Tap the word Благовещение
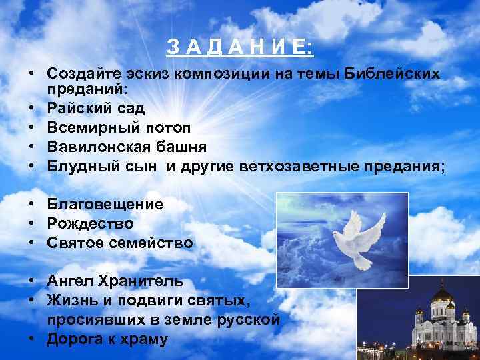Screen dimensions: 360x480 105,205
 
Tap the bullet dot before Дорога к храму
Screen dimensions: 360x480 32,339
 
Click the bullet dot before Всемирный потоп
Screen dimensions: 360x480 32,127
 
